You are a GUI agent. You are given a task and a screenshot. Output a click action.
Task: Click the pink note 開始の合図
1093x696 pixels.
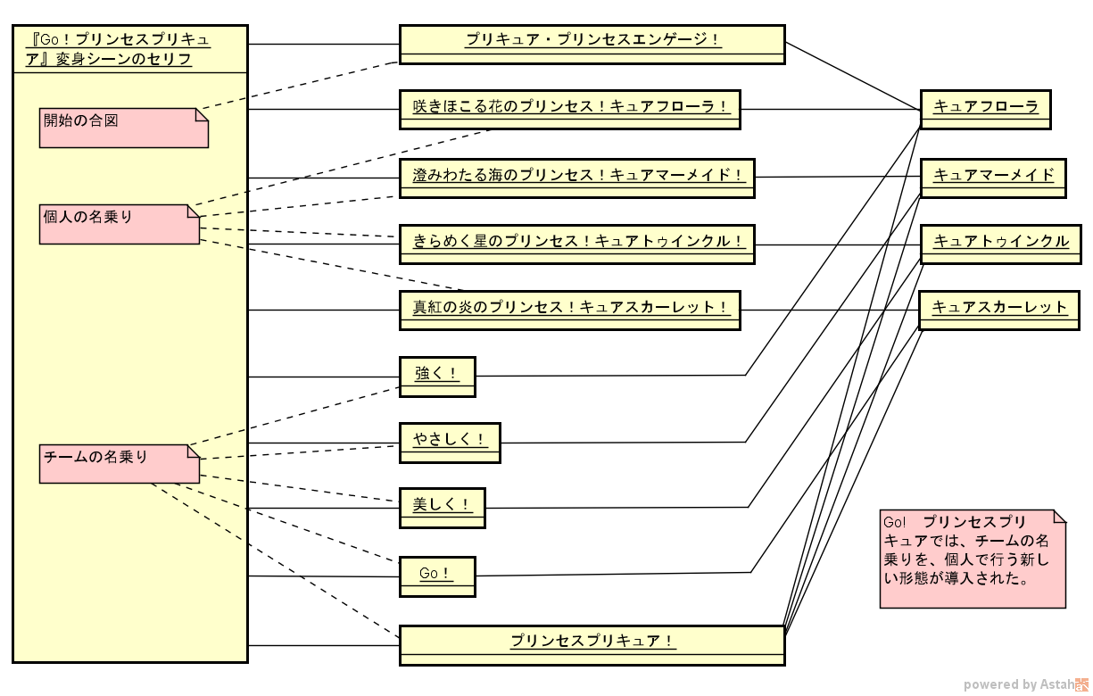(123, 128)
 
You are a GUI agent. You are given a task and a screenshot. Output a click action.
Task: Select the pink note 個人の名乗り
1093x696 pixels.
(119, 224)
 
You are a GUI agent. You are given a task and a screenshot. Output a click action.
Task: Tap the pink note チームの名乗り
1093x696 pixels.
(119, 463)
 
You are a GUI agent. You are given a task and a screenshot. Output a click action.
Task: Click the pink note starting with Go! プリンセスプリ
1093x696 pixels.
(972, 559)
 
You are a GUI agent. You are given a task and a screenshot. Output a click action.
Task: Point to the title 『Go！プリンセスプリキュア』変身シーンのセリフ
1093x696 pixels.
(129, 49)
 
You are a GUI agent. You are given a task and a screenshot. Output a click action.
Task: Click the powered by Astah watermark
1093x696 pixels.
(1025, 684)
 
